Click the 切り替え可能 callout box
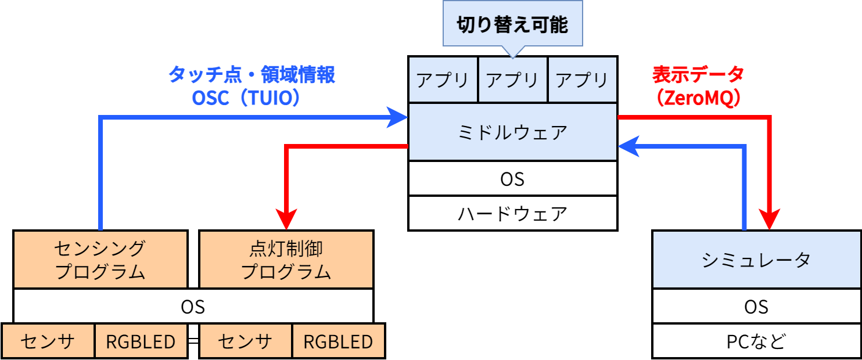[x=512, y=24]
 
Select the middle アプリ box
[x=512, y=80]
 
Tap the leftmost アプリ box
[x=443, y=80]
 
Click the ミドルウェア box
[x=512, y=132]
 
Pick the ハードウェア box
[x=512, y=214]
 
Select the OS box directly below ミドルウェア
[x=512, y=179]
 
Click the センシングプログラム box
[x=100, y=260]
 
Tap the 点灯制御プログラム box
[x=286, y=260]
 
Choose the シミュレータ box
[x=756, y=260]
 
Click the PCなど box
[x=756, y=341]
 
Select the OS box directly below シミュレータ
[x=756, y=306]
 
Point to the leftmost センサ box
[x=48, y=341]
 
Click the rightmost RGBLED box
[x=337, y=341]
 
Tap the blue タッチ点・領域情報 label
[x=252, y=75]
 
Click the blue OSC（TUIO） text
[x=246, y=98]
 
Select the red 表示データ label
[x=698, y=75]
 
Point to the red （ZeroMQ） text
[x=698, y=98]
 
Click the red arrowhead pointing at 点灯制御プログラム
[x=286, y=221]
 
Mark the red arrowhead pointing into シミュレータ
[x=770, y=221]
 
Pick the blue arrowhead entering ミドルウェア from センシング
[x=398, y=118]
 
